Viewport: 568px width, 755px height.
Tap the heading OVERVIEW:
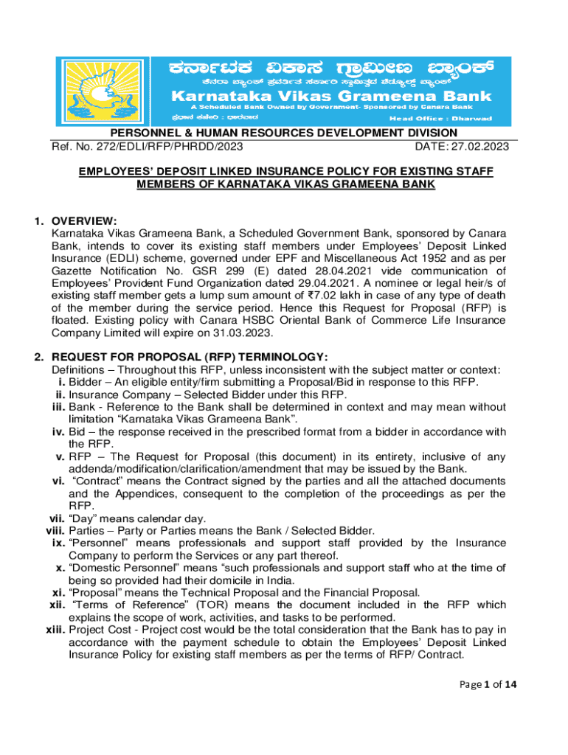click(x=84, y=220)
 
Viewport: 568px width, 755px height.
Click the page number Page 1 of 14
click(x=485, y=684)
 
